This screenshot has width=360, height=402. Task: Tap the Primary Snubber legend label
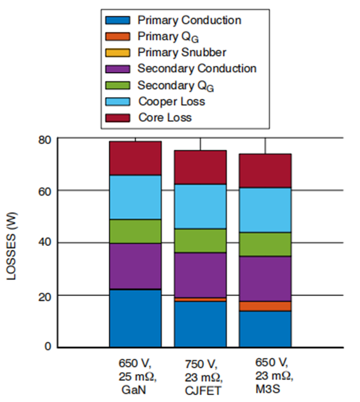pos(182,53)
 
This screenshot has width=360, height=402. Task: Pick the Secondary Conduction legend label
pos(197,69)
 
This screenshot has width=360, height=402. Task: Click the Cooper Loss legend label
pos(171,101)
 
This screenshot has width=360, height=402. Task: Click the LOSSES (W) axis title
pos(13,243)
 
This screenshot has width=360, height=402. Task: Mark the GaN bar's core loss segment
pos(135,158)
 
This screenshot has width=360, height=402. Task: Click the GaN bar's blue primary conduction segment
pos(135,319)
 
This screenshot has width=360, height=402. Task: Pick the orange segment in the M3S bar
pos(265,306)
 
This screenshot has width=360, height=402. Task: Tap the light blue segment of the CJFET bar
pos(200,206)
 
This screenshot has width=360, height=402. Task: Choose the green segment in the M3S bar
pos(265,244)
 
